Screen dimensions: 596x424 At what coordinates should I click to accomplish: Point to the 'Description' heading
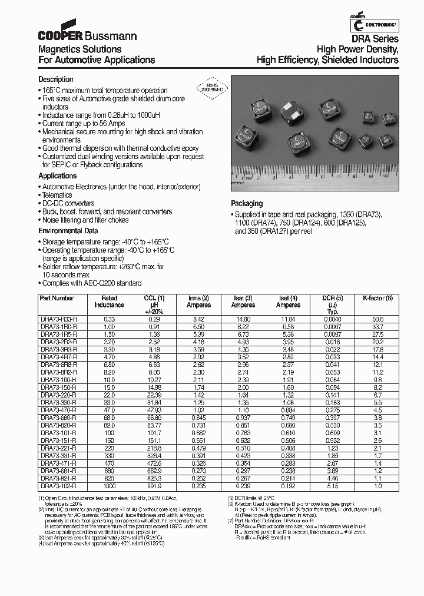56,80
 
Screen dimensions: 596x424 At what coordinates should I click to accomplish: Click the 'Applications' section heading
57,176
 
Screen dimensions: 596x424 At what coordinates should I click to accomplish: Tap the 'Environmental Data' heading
68,231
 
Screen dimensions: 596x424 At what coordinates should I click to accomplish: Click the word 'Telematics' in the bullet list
57,195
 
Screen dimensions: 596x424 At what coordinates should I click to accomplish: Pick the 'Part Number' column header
57,299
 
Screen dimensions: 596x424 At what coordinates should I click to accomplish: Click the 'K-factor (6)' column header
373,299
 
